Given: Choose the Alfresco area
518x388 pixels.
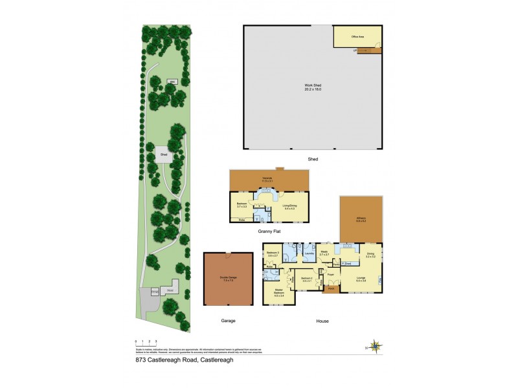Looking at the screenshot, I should (x=361, y=220).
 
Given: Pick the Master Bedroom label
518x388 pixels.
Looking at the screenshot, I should (x=279, y=292).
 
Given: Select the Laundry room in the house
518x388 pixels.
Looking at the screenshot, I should (x=310, y=253).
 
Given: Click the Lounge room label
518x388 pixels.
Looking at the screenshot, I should (x=360, y=279).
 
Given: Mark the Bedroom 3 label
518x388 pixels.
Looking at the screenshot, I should (x=273, y=253).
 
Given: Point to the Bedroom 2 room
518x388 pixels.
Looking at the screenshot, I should (x=306, y=279).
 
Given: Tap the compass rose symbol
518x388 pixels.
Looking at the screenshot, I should (x=374, y=345).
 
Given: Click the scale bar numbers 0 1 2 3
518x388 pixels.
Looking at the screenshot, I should (x=146, y=340).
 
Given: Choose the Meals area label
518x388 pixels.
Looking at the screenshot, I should (x=325, y=253).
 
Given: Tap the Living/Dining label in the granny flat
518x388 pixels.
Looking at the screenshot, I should (x=289, y=207).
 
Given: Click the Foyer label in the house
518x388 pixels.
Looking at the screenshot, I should (x=331, y=275).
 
